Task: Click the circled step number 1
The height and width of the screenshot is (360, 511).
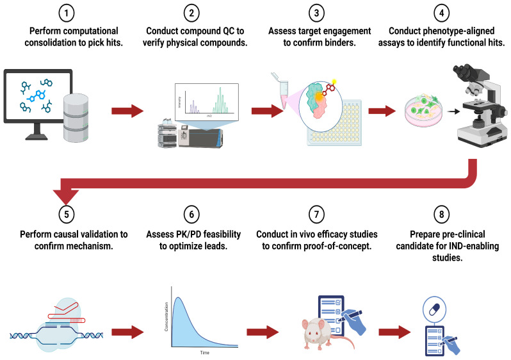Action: [67, 13]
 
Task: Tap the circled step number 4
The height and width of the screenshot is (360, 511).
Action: [442, 13]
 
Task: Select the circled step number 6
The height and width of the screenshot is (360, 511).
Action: [191, 214]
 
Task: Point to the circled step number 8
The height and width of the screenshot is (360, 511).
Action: [442, 214]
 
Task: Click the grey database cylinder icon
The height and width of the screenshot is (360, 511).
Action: [76, 118]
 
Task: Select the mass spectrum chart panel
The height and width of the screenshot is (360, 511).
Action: [207, 102]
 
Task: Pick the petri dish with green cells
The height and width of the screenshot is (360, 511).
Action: [423, 110]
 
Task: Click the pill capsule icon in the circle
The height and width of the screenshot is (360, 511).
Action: [434, 309]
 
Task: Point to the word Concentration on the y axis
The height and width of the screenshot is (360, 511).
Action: [166, 316]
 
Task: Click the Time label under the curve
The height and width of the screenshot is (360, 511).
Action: [205, 352]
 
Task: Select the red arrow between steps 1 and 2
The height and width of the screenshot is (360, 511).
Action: [127, 111]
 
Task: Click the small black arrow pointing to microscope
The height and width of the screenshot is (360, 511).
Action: [453, 111]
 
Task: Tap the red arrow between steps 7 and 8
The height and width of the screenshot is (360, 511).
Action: [394, 332]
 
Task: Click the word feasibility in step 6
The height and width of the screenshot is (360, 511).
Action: [222, 234]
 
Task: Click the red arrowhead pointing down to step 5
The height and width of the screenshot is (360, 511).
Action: [66, 197]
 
